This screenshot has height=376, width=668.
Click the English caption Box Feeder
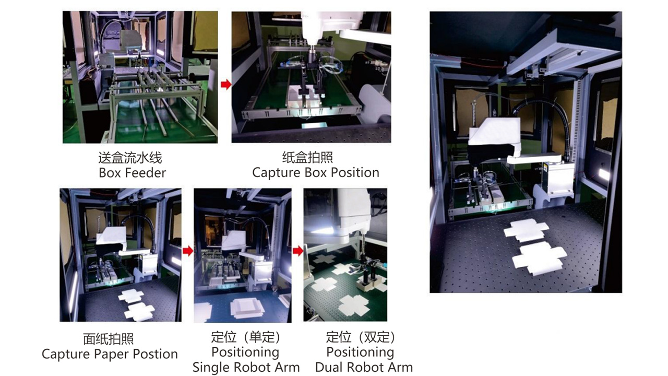tap(132, 173)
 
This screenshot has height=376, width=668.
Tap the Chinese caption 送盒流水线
tap(130, 158)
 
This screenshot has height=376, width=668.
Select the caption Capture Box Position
tap(316, 172)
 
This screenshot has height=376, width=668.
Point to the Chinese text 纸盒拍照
tap(307, 158)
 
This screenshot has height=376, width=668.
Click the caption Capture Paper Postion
tap(110, 354)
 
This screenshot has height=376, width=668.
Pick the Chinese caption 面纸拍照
tap(108, 339)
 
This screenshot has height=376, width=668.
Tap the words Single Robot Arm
tap(246, 367)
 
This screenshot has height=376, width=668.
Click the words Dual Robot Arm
tap(364, 367)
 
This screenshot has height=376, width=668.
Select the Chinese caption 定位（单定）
tap(246, 337)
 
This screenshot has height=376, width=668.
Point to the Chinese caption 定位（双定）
tap(361, 337)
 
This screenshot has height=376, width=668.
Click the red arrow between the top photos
tap(226, 85)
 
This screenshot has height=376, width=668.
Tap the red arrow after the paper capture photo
tap(188, 251)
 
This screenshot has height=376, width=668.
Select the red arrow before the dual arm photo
tap(298, 251)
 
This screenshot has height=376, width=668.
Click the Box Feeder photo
tap(140, 77)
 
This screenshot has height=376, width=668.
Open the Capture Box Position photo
tap(312, 77)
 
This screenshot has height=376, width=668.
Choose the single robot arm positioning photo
tap(243, 255)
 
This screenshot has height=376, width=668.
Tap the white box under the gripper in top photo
tap(304, 96)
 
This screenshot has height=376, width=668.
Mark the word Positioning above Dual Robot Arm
tap(360, 352)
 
